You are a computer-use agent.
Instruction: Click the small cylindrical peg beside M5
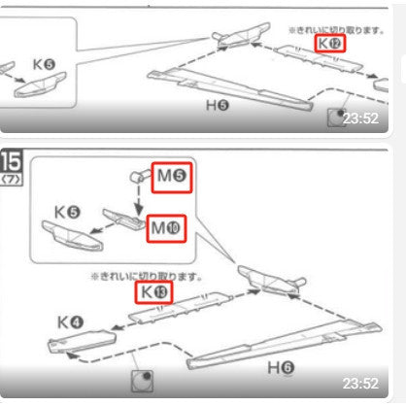click(x=137, y=176)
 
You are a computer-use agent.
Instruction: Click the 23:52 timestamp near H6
click(x=360, y=384)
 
